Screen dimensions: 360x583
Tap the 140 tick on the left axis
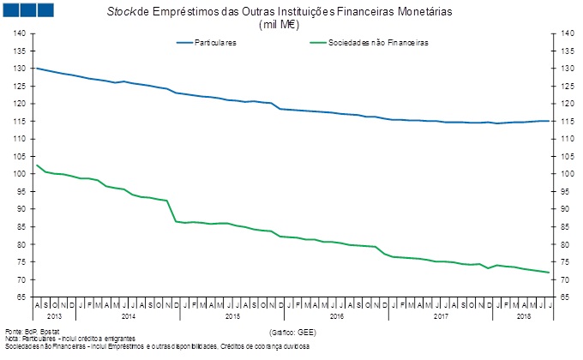pos(20,33)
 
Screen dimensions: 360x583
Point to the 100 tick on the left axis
pos(20,174)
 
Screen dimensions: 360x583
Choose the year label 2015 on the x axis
pos(232,316)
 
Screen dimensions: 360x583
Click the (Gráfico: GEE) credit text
pos(292,330)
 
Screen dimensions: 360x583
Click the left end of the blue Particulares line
pos(37,68)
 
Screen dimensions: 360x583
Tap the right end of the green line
pos(549,273)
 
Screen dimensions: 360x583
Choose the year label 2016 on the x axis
pos(336,316)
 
